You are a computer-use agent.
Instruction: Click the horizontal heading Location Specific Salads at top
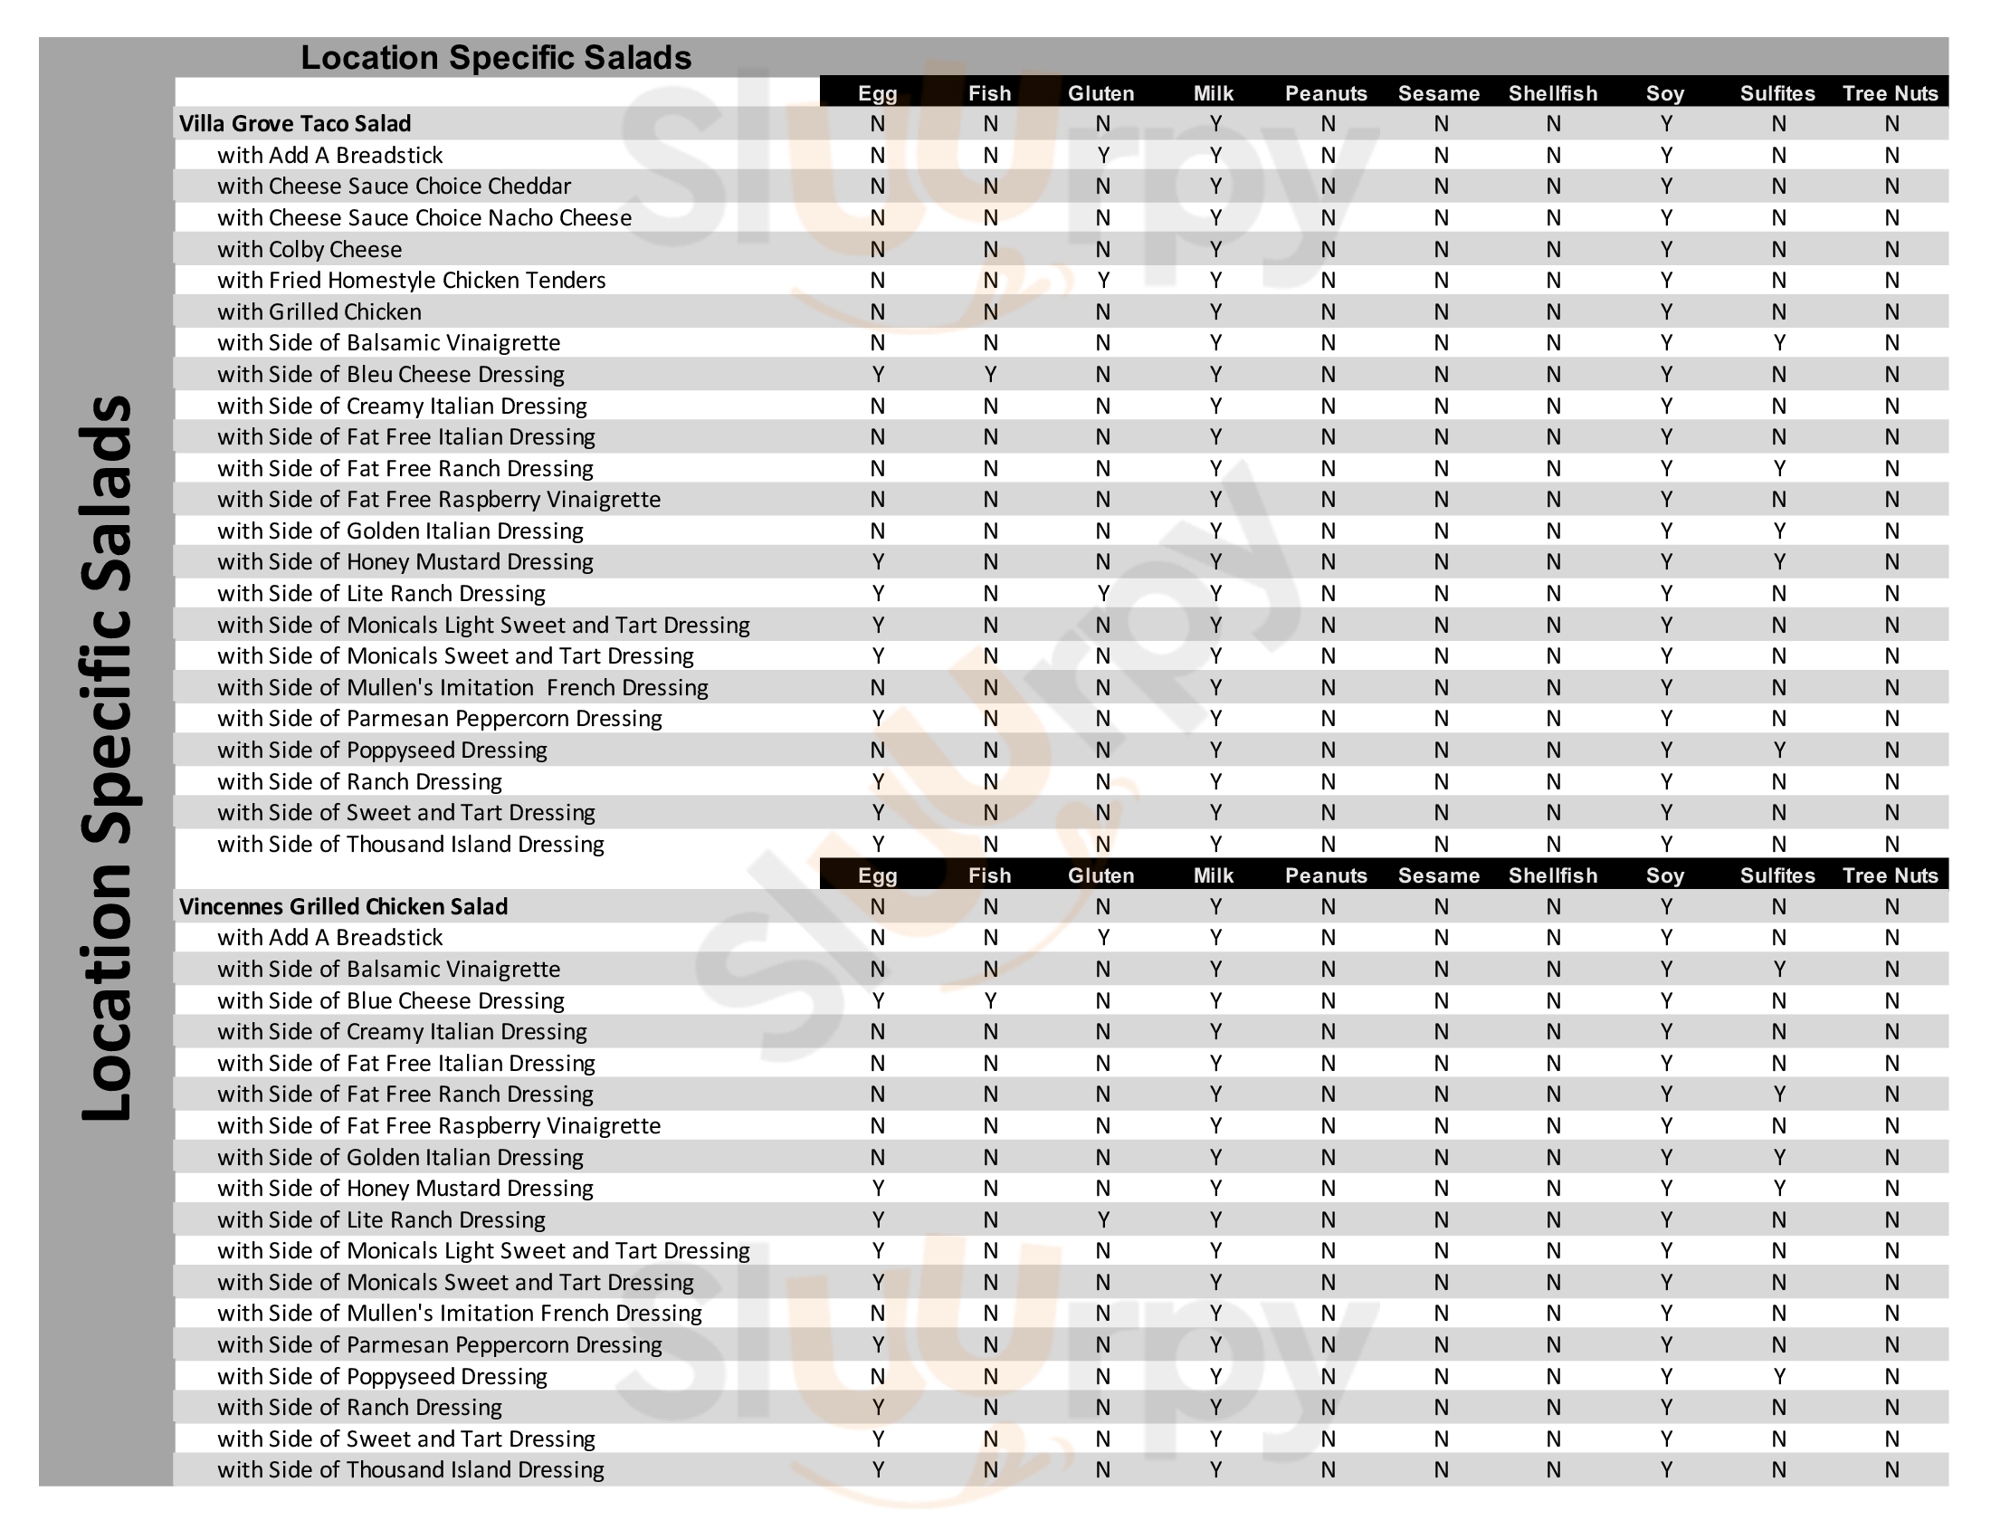click(496, 57)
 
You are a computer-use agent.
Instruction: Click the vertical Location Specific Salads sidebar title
click(108, 757)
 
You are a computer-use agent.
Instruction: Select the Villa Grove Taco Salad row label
click(294, 124)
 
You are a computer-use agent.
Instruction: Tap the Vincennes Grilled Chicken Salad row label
click(343, 907)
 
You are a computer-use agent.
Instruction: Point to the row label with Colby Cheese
click(309, 250)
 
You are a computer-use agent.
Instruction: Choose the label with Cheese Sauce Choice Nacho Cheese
click(424, 218)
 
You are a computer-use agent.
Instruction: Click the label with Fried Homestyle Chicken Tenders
click(411, 281)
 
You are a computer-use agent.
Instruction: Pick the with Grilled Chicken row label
click(319, 311)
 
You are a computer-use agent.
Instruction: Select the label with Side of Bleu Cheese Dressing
click(390, 375)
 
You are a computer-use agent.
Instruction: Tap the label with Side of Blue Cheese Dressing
click(390, 1001)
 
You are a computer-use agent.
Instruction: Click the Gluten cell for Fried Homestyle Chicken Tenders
click(1102, 281)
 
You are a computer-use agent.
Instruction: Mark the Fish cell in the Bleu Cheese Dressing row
click(990, 375)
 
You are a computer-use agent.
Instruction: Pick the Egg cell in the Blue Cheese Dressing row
click(877, 1001)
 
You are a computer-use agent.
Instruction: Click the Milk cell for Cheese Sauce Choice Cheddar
click(1215, 186)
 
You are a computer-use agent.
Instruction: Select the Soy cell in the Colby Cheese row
click(1665, 250)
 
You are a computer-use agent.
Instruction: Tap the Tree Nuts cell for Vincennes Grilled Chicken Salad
click(1891, 907)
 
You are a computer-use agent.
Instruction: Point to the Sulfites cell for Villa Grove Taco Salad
click(1777, 124)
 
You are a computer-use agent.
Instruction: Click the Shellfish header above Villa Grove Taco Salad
click(1552, 93)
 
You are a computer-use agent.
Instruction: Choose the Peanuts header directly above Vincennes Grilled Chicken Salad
click(1327, 875)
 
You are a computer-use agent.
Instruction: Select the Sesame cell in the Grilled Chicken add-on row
click(1440, 311)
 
